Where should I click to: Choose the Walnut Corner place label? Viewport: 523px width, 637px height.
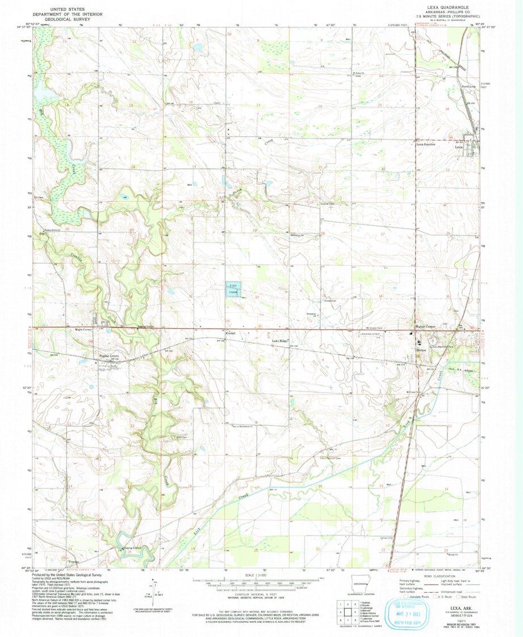[x=425, y=328]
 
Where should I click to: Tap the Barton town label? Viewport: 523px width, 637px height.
[x=421, y=350]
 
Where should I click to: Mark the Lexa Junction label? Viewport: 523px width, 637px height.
[x=426, y=144]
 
